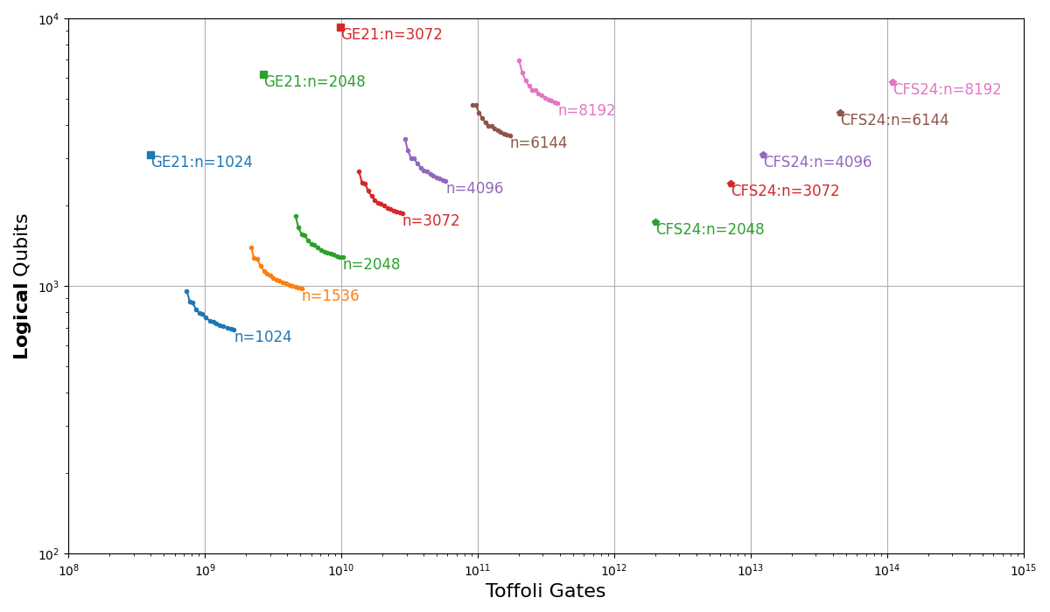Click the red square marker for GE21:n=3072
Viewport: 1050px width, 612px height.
point(340,27)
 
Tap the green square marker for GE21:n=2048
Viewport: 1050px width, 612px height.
point(263,74)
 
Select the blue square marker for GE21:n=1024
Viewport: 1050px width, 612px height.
point(150,155)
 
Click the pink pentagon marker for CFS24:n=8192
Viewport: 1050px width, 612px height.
point(892,82)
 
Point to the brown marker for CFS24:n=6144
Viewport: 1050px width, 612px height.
point(840,113)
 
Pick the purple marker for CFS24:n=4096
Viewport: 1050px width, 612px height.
point(763,155)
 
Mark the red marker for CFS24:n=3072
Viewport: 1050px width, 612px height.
point(731,184)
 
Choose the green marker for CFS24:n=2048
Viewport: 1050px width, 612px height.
point(655,222)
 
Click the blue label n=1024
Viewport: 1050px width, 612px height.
point(262,337)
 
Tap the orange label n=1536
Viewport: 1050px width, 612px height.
point(330,296)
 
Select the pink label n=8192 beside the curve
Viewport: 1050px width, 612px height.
point(586,111)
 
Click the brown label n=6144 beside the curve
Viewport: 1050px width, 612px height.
point(538,143)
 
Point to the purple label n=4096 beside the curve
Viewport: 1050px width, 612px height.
point(474,189)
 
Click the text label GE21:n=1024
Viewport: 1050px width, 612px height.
point(201,163)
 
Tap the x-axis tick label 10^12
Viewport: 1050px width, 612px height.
point(614,569)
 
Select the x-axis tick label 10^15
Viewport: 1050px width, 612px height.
point(1023,569)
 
